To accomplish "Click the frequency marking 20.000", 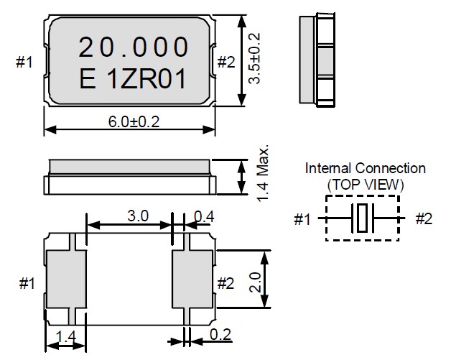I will [x=133, y=48].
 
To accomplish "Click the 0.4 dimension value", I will [x=204, y=216].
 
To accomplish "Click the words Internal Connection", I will [x=366, y=168].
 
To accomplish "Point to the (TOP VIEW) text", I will [x=366, y=185].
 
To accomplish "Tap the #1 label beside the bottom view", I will [x=25, y=284].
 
